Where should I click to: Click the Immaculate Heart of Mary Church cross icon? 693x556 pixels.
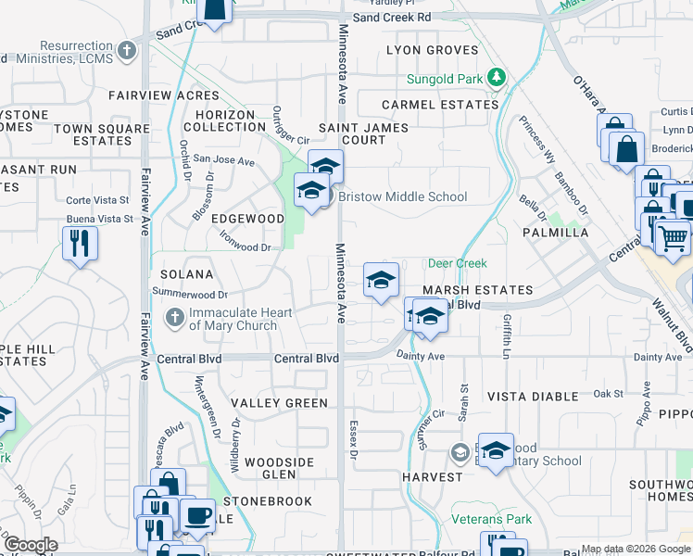pyautogui.click(x=173, y=318)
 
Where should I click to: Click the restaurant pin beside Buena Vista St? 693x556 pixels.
pyautogui.click(x=79, y=244)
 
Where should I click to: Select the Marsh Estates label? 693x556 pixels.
pyautogui.click(x=478, y=290)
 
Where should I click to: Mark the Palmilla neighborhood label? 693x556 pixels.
pyautogui.click(x=555, y=233)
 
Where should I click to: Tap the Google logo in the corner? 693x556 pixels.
pyautogui.click(x=31, y=546)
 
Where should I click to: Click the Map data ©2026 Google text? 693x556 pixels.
pyautogui.click(x=636, y=549)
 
